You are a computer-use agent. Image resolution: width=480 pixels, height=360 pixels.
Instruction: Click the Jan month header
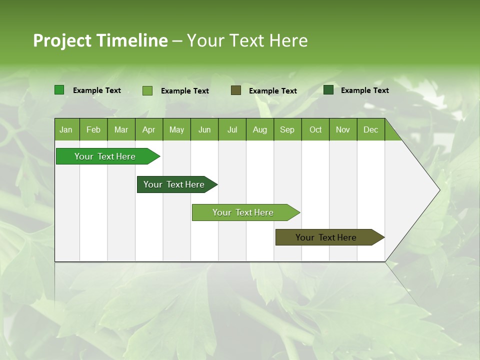[x=66, y=129]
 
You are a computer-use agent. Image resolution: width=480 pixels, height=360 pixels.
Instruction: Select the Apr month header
[x=148, y=129]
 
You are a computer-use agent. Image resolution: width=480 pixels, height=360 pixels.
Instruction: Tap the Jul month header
[x=232, y=129]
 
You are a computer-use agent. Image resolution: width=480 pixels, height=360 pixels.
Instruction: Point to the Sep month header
[x=287, y=129]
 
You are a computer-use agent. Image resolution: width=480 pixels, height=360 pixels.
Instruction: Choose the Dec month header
[x=370, y=129]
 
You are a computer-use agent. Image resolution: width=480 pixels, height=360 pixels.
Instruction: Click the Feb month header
[x=93, y=129]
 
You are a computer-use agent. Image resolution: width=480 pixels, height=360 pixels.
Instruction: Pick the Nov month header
[x=342, y=129]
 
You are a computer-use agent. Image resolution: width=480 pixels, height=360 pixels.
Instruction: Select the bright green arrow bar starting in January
[x=105, y=156]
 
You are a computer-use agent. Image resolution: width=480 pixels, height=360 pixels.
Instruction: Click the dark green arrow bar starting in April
[x=174, y=184]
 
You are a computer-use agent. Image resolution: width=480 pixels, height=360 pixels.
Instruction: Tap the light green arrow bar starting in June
[x=243, y=212]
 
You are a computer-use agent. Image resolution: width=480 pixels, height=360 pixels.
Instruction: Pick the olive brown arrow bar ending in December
[x=326, y=237]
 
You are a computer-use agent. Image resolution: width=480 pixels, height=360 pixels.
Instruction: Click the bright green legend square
[x=59, y=90]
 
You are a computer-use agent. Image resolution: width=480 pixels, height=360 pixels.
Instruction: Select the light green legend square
[x=147, y=90]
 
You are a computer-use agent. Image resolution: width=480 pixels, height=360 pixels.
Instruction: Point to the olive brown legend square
[x=236, y=90]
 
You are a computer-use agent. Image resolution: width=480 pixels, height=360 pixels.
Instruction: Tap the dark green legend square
[x=328, y=90]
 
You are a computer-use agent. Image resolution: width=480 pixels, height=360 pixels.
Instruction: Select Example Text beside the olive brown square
[x=272, y=91]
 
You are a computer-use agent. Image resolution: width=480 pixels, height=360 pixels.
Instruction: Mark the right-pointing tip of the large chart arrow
[x=438, y=190]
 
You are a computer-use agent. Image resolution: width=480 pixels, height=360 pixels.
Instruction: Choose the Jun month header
[x=204, y=129]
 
